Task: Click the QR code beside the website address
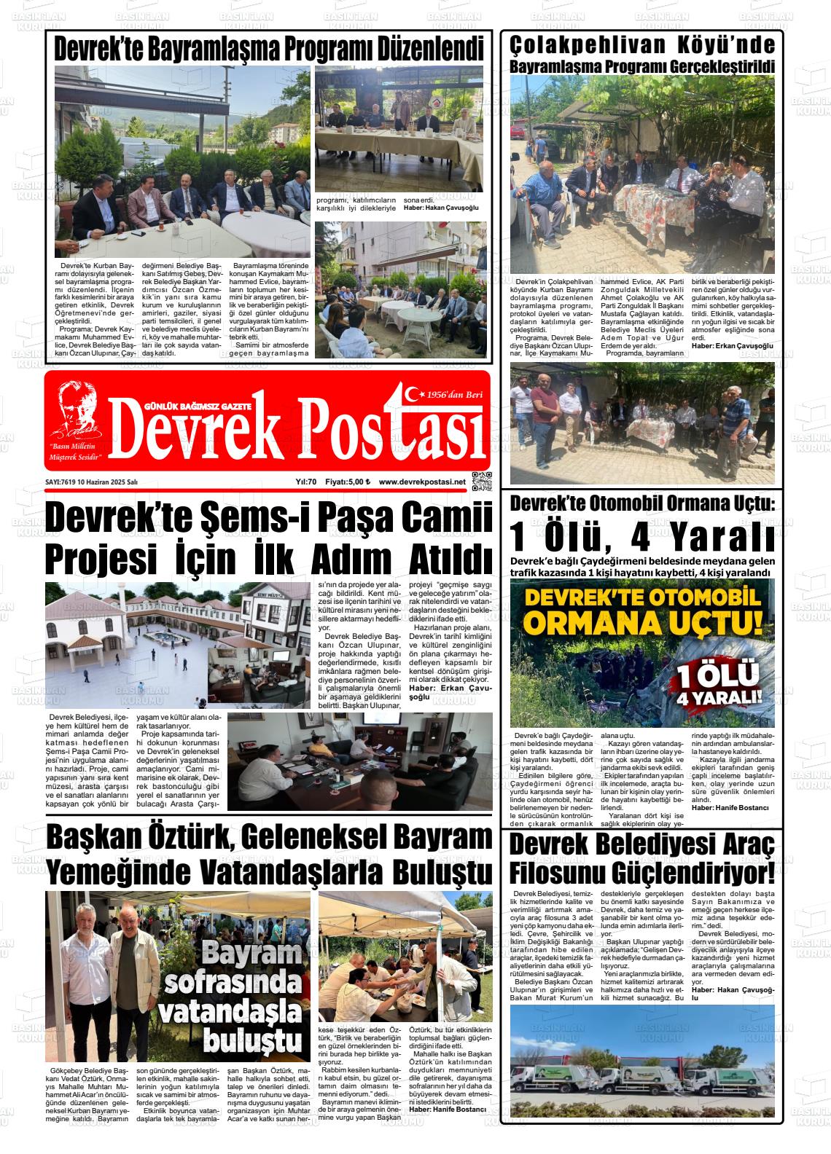(482, 482)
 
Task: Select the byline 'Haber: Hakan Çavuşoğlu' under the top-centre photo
(441, 208)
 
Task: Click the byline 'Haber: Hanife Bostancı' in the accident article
(730, 808)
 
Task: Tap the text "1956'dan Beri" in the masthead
(456, 394)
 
